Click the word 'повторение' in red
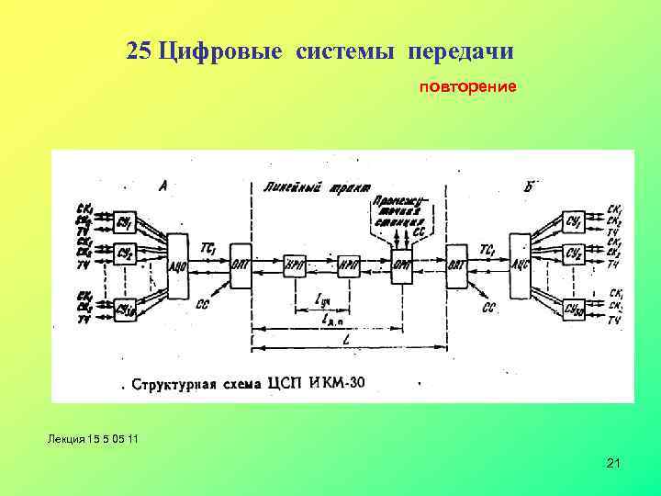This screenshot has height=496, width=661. pyautogui.click(x=468, y=87)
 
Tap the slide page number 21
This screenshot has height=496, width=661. pyautogui.click(x=613, y=464)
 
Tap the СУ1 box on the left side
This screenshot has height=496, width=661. pyautogui.click(x=125, y=223)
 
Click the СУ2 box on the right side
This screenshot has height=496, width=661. pyautogui.click(x=574, y=254)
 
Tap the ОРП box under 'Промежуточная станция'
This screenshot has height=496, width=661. pyautogui.click(x=401, y=261)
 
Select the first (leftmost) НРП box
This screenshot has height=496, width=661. pyautogui.click(x=296, y=261)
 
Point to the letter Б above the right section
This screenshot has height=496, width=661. pyautogui.click(x=531, y=186)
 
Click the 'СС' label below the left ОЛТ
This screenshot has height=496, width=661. pyautogui.click(x=201, y=302)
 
